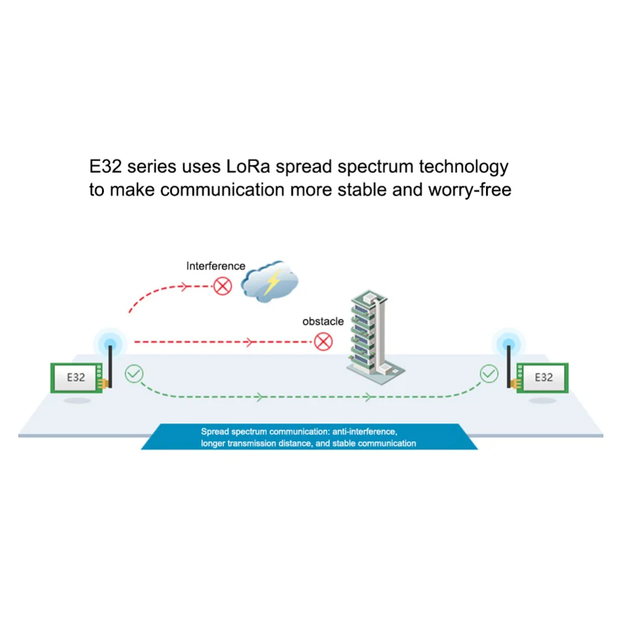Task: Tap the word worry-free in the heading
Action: pos(469,189)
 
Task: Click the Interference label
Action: pos(215,266)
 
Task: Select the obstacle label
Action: pos(322,321)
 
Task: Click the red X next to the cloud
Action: pos(222,285)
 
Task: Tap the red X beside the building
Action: pos(323,341)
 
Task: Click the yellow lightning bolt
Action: pos(272,282)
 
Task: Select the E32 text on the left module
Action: pos(76,376)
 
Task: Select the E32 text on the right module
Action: pos(543,376)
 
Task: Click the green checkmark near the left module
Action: pos(134,373)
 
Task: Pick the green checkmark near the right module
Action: pos(489,373)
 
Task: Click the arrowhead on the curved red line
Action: pos(184,286)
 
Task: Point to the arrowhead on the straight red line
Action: pos(250,342)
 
